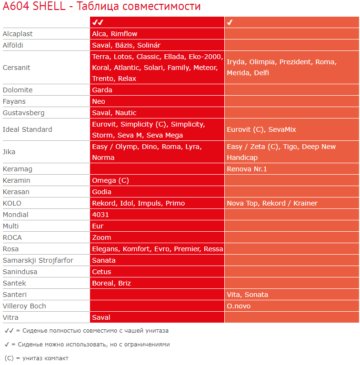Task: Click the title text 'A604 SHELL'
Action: (x=34, y=7)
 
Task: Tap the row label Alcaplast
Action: (x=18, y=34)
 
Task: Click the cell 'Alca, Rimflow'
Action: (x=115, y=34)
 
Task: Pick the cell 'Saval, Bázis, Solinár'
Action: (x=126, y=45)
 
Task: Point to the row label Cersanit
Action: (x=17, y=68)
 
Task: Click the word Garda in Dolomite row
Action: (x=102, y=90)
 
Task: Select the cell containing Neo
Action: (x=99, y=101)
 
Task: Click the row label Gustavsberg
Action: (x=23, y=113)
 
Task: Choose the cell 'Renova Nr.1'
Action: (x=247, y=169)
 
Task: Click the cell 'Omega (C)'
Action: (x=110, y=180)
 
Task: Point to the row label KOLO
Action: (x=12, y=203)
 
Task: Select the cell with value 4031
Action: (x=100, y=215)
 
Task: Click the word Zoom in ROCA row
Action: (x=101, y=237)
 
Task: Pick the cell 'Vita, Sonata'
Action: (x=248, y=295)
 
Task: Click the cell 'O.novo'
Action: (x=239, y=306)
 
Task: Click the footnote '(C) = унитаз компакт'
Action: (x=36, y=358)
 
